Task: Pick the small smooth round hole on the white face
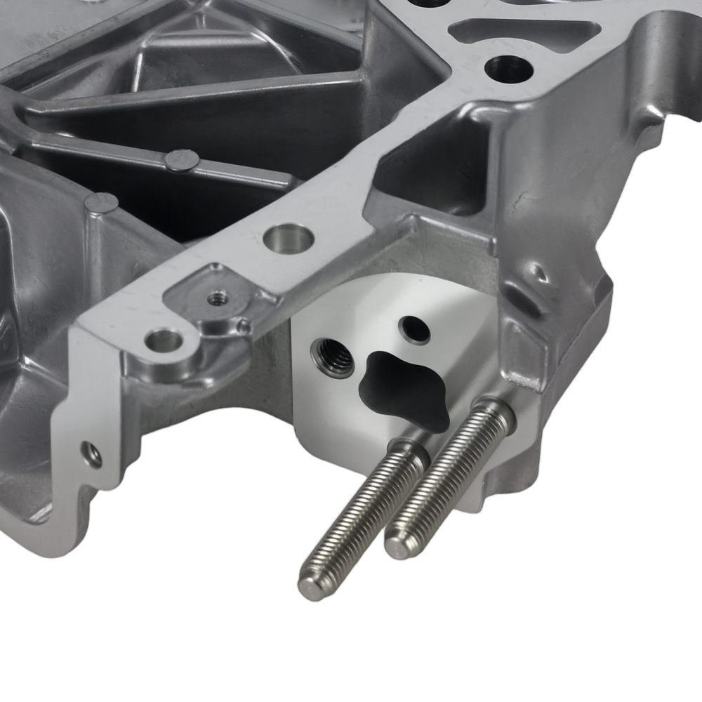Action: pos(413,329)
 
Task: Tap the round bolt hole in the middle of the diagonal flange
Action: pos(288,238)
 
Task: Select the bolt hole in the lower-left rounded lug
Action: pos(163,342)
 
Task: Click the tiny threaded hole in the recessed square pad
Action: pos(216,298)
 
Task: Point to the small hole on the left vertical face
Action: pos(91,455)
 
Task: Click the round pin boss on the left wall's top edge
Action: pos(102,203)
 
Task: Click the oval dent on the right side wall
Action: pos(538,273)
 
